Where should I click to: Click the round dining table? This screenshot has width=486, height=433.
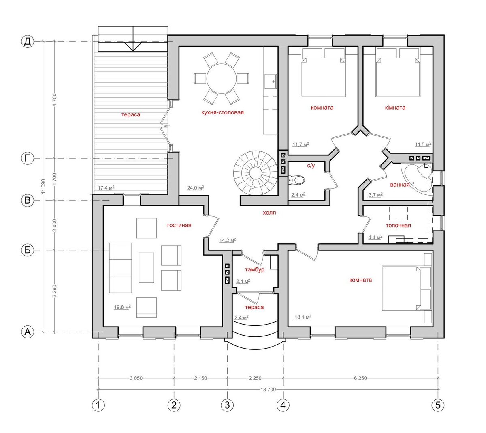coord(221,79)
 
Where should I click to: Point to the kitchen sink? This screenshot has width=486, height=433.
coord(271,82)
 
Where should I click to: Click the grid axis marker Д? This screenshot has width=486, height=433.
coord(28,42)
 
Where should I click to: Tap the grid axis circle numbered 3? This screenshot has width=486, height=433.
coord(227,405)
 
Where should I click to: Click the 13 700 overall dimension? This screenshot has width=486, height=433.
coord(268,389)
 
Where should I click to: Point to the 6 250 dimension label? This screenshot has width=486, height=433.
coord(360,378)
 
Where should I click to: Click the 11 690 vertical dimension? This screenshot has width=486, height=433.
coord(43,186)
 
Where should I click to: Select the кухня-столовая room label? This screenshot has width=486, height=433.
coord(223,112)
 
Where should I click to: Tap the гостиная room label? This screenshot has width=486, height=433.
coord(179,225)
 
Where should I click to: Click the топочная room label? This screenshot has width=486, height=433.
coord(398,226)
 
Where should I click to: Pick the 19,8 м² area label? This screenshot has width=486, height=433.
coord(122,307)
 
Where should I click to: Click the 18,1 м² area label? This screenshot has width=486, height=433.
coord(303,317)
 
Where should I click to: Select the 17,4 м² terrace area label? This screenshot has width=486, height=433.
coord(106,188)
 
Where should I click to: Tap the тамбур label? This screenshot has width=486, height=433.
coord(254,269)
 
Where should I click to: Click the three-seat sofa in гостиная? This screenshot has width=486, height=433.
coord(120,268)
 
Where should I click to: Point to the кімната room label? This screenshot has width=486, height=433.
coord(395,108)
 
